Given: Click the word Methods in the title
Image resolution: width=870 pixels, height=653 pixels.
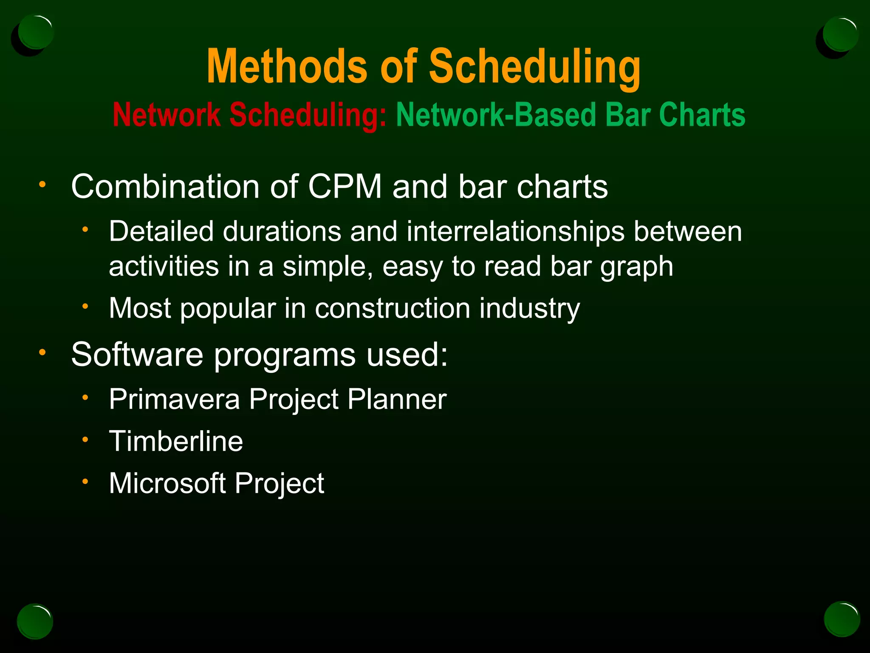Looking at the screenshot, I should (287, 67).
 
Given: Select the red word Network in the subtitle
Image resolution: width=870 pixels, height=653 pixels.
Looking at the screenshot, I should (167, 115).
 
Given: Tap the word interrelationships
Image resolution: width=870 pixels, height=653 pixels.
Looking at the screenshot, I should (516, 232).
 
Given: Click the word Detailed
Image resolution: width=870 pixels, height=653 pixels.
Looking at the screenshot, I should (161, 232).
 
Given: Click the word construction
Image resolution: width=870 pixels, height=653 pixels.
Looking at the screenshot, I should (393, 308).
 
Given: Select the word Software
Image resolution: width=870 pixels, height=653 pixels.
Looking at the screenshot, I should (137, 354).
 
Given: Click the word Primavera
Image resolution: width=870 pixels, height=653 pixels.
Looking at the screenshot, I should (174, 399).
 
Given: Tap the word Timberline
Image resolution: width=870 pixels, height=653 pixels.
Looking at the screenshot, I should (176, 441).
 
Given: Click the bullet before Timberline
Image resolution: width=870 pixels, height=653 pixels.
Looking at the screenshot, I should (85, 440).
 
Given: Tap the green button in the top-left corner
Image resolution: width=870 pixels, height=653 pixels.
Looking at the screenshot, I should (36, 32).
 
